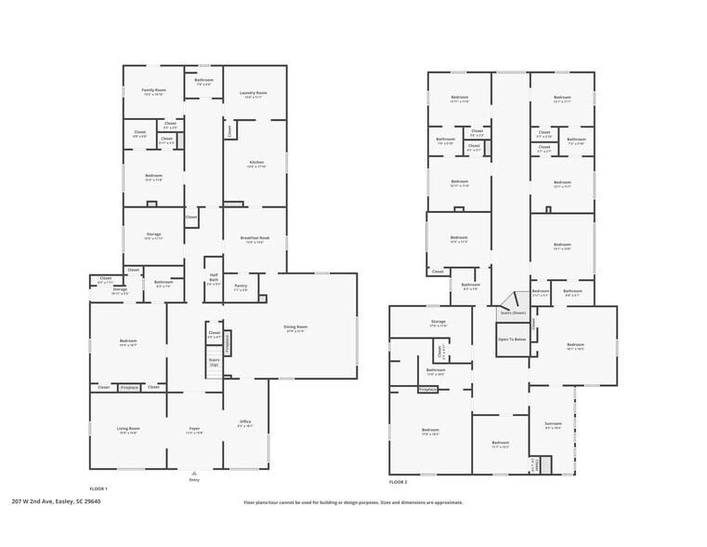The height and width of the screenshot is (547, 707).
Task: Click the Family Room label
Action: (153, 90)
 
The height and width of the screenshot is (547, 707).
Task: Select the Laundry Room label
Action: (255, 93)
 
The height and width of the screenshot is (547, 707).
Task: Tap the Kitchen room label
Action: (255, 163)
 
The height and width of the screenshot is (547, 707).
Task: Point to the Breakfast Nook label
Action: (255, 238)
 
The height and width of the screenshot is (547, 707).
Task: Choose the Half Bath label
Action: (214, 276)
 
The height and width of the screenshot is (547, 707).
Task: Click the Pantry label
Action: (241, 286)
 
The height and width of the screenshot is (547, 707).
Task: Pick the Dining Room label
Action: (295, 327)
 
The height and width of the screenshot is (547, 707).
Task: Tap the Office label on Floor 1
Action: (245, 421)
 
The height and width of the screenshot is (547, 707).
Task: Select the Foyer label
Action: (194, 429)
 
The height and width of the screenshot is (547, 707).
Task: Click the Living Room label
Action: (128, 429)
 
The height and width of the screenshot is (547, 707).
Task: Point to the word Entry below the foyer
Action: (194, 479)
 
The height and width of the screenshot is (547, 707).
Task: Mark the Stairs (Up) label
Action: (214, 360)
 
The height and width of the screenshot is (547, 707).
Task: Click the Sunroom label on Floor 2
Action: (553, 424)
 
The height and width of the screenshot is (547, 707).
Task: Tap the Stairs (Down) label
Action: (513, 313)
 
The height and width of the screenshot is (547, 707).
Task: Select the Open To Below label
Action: (513, 340)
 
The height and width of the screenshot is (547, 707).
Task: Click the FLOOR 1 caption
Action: (98, 488)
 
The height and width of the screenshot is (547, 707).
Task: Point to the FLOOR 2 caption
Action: (398, 482)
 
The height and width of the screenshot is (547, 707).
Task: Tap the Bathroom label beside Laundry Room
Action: (203, 80)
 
